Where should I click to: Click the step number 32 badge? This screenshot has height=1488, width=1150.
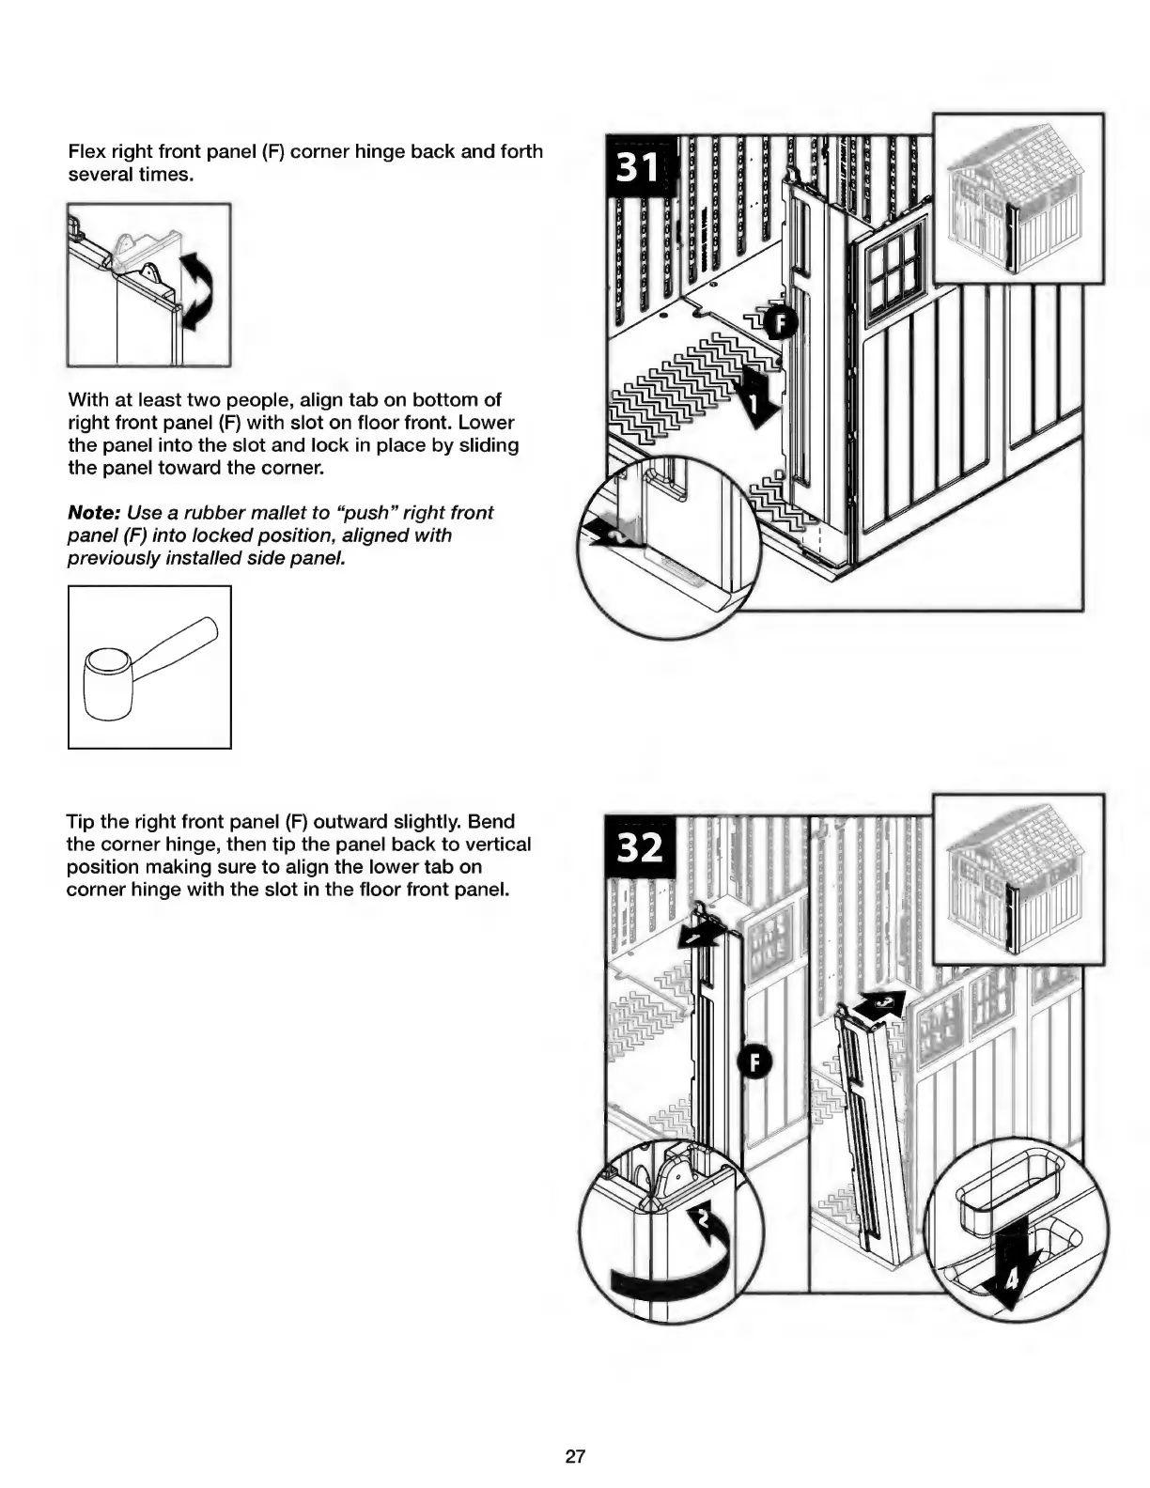pyautogui.click(x=639, y=848)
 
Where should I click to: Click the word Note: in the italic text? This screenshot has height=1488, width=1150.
pyautogui.click(x=92, y=513)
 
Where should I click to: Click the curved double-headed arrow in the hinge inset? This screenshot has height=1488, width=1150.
pyautogui.click(x=196, y=290)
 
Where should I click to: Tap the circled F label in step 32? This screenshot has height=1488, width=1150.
pyautogui.click(x=756, y=1062)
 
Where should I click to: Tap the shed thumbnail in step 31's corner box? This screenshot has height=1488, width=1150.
pyautogui.click(x=1018, y=198)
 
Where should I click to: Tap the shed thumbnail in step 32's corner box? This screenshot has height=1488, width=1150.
pyautogui.click(x=1018, y=878)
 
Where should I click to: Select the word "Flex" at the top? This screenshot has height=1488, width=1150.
pyautogui.click(x=86, y=152)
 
